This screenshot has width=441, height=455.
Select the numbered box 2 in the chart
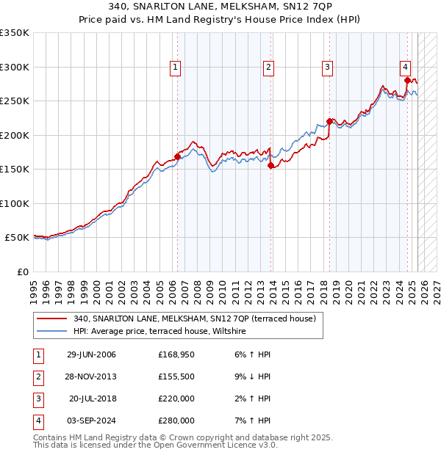coord(269,68)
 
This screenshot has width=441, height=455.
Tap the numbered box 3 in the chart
coord(327,68)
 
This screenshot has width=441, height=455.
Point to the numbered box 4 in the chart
coord(406,68)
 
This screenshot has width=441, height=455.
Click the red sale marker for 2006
coord(177,156)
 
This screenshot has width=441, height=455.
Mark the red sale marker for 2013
coord(270,166)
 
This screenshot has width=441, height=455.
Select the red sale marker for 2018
coord(329,122)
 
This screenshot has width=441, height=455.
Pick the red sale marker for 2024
coord(407,81)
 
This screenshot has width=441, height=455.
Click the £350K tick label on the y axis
coord(15,33)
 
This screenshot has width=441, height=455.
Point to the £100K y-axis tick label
coord(15,203)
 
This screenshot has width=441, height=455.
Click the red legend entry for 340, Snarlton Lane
coord(195,318)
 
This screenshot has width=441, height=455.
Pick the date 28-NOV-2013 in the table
coord(91,376)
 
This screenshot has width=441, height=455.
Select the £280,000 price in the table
coord(176,421)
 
